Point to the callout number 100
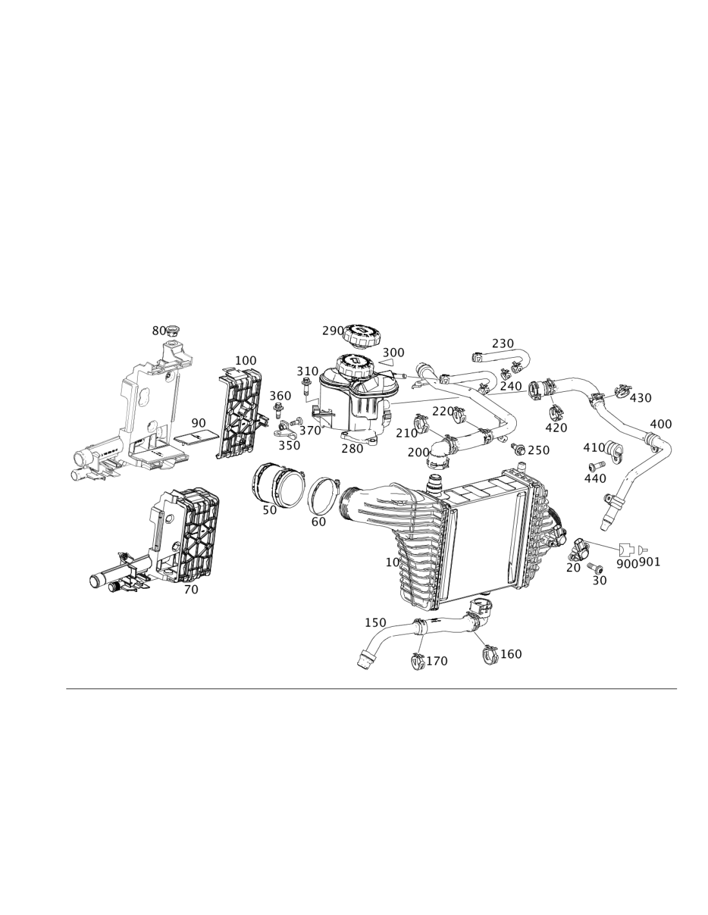[x=245, y=360]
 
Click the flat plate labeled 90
[x=196, y=437]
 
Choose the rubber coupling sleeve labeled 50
[x=277, y=486]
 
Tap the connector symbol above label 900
[x=626, y=549]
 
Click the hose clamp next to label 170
[x=417, y=663]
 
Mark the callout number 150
[x=375, y=622]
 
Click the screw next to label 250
[x=517, y=448]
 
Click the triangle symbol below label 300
[x=386, y=362]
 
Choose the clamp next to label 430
[x=622, y=391]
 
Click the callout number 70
[x=191, y=589]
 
